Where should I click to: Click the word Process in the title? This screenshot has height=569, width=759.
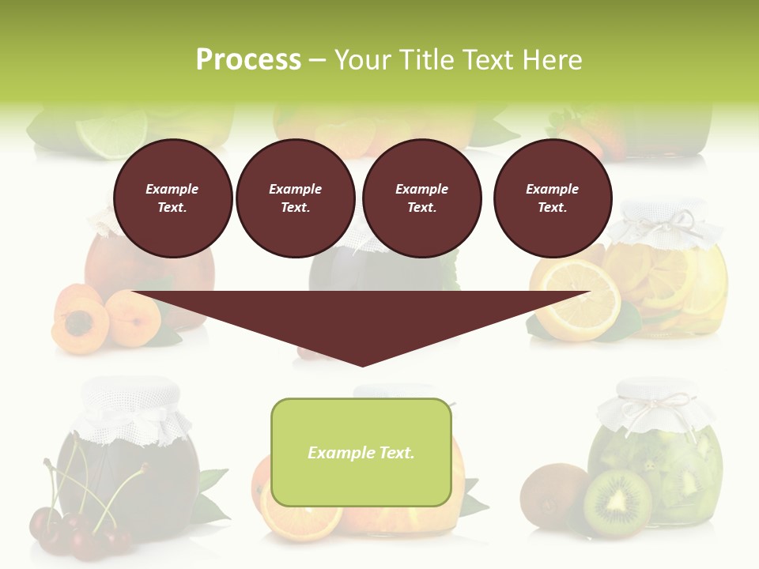pyautogui.click(x=248, y=60)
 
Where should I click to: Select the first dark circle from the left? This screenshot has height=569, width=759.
pyautogui.click(x=173, y=198)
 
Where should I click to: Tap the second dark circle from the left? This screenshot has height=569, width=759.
pyautogui.click(x=296, y=198)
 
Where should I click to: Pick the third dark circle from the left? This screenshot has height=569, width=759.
pyautogui.click(x=422, y=198)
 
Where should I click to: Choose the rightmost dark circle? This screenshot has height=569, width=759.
pyautogui.click(x=553, y=198)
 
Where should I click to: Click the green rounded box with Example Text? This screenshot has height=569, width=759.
pyautogui.click(x=361, y=452)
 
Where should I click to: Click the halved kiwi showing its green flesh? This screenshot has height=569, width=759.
pyautogui.click(x=618, y=503)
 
